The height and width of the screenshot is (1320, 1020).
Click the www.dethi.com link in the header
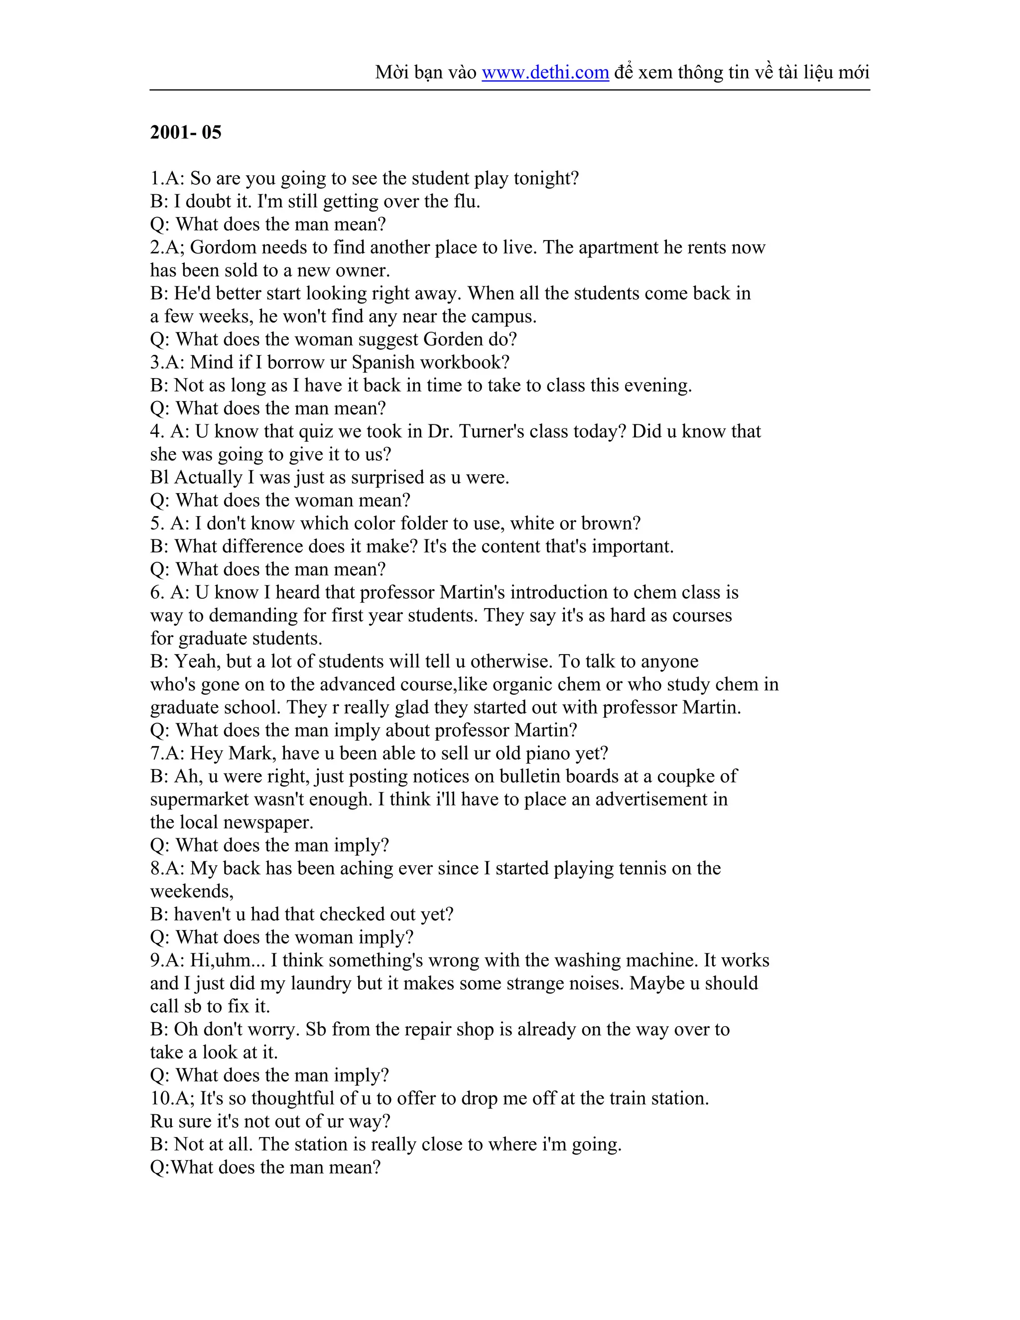tap(545, 73)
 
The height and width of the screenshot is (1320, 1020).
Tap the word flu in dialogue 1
tap(466, 201)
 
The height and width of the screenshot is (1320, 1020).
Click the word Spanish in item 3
tap(382, 362)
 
